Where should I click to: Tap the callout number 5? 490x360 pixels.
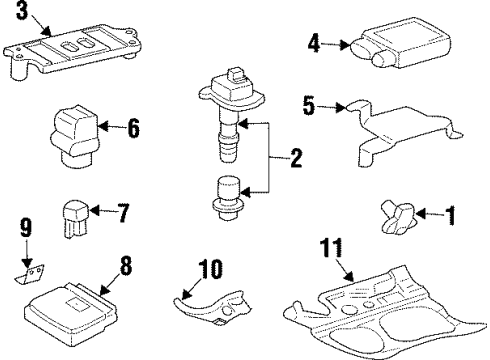pyautogui.click(x=309, y=104)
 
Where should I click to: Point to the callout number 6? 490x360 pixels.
pyautogui.click(x=133, y=128)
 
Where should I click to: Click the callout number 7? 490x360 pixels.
pyautogui.click(x=124, y=212)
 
